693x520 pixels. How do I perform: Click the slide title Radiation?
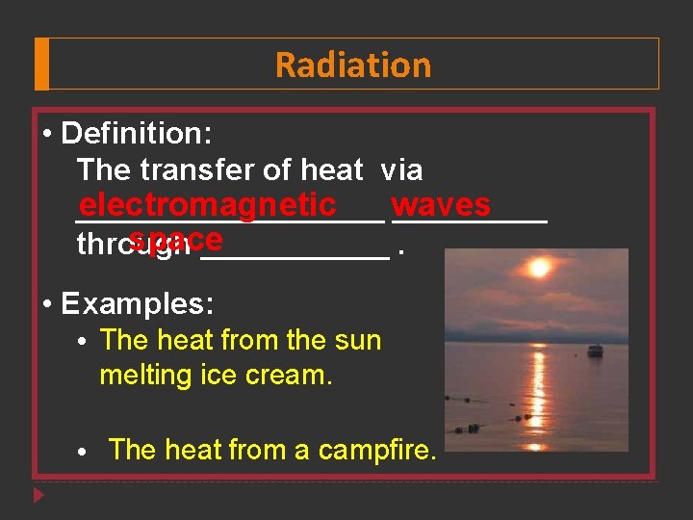(353, 65)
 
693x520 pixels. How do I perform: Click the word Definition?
(136, 133)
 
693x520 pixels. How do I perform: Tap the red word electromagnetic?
(208, 205)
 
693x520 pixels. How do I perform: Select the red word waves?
(442, 205)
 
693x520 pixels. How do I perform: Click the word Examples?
(138, 304)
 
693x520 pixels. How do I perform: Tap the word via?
(401, 170)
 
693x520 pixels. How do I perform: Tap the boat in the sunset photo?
(595, 351)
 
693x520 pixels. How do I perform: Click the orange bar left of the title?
(41, 65)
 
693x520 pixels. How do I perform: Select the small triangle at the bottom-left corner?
(38, 496)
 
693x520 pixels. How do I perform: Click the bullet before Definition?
(47, 133)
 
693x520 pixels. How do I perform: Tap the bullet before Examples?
(47, 304)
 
